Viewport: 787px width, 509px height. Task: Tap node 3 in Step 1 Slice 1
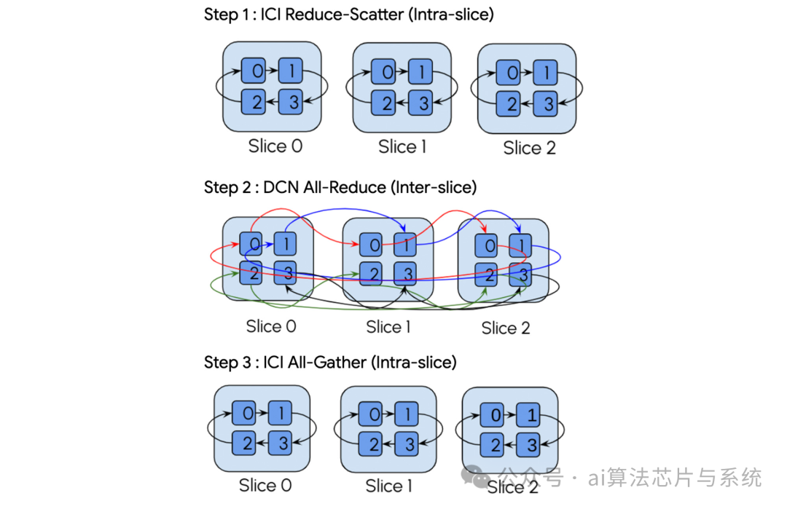pos(420,103)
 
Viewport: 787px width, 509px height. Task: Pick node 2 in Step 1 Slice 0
pos(256,103)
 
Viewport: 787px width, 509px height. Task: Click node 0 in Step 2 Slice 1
pos(374,245)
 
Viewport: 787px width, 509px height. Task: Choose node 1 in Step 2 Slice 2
pos(519,245)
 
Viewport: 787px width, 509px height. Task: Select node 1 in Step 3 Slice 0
pos(280,413)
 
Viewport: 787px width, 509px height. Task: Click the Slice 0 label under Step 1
pos(275,146)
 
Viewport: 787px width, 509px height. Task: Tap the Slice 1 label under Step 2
pos(388,327)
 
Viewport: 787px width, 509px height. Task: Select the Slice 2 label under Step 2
pos(506,328)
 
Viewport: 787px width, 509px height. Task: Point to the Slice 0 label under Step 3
pos(265,485)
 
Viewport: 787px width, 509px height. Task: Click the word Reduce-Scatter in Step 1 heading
pos(337,15)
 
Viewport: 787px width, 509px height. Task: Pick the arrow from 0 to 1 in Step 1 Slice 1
pos(402,71)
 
